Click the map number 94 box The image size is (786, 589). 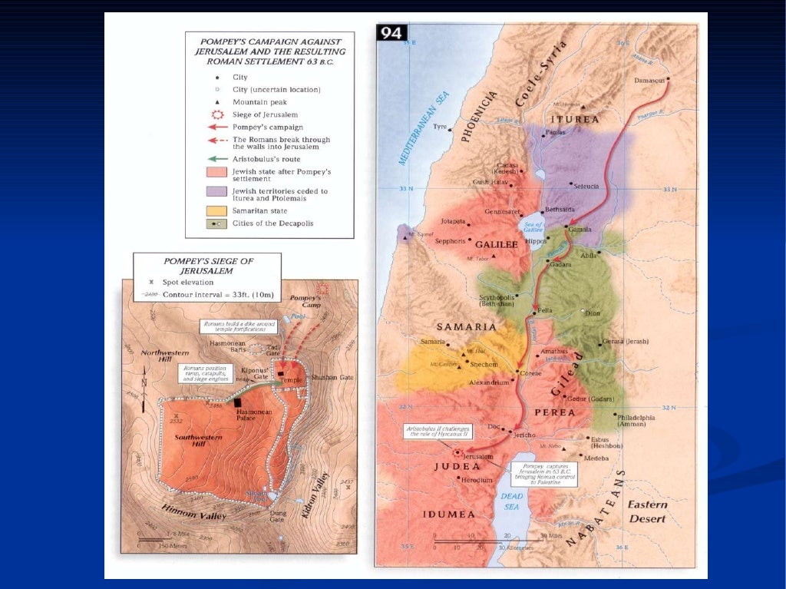click(x=390, y=33)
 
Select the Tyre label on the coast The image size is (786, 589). click(x=440, y=127)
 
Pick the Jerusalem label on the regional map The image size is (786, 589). click(x=477, y=456)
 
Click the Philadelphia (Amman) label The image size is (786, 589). click(x=634, y=422)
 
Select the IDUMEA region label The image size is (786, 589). click(x=447, y=514)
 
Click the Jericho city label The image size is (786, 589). click(x=524, y=435)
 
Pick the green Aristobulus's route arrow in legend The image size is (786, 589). click(x=217, y=158)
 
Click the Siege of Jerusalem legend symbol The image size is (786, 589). click(x=217, y=114)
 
